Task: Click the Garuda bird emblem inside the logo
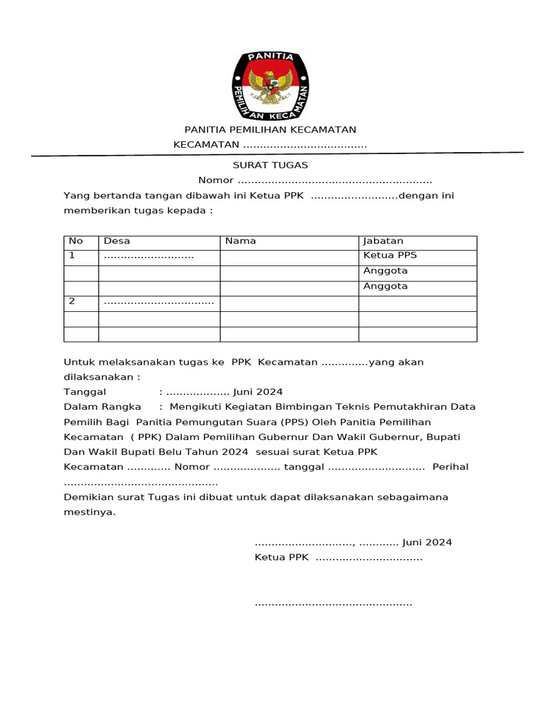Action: [270, 87]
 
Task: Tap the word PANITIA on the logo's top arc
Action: [270, 59]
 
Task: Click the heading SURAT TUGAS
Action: [270, 165]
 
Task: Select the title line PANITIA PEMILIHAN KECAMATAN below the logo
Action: [270, 130]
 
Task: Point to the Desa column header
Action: [117, 241]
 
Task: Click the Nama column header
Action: [240, 241]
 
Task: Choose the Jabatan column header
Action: [383, 241]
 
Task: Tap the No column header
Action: [75, 241]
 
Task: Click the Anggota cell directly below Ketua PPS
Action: [385, 271]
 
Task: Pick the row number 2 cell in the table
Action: [71, 301]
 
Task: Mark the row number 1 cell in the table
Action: [71, 256]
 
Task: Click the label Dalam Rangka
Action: [102, 407]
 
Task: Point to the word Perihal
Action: [450, 467]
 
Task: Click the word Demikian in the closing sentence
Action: [87, 497]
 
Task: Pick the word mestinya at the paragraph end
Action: [89, 513]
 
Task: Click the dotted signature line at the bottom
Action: [332, 604]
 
